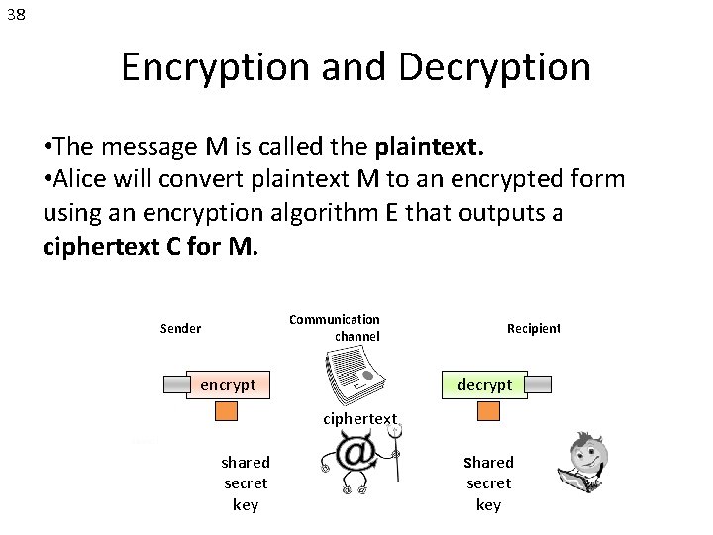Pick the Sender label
point(180,329)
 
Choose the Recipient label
point(533,329)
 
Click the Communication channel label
point(335,328)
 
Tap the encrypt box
point(228,384)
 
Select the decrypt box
point(485,384)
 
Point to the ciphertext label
point(359,419)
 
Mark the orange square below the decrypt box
point(488,410)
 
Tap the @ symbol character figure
point(358,460)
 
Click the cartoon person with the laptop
point(587,463)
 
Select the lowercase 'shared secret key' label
point(245,483)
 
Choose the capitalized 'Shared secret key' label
point(488,483)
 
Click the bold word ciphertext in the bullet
point(98,246)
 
